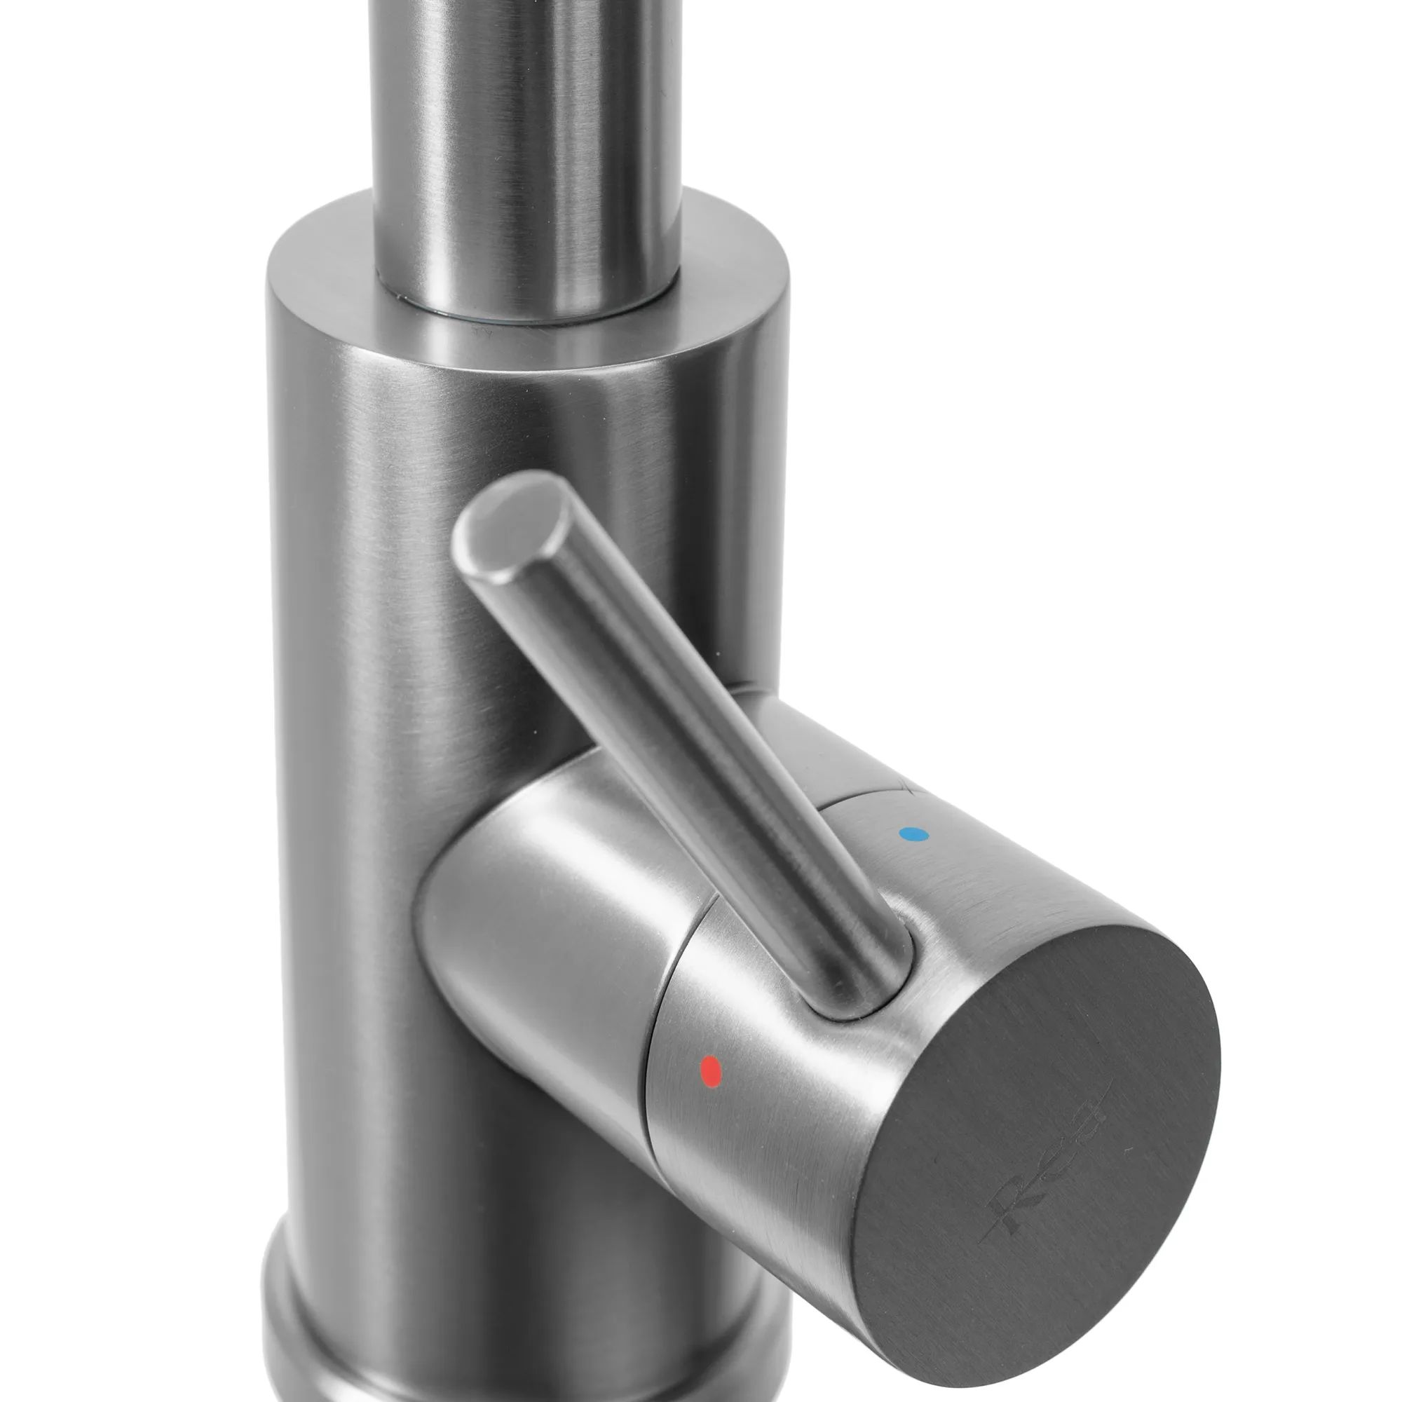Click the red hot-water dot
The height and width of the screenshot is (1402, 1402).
tap(710, 1069)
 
